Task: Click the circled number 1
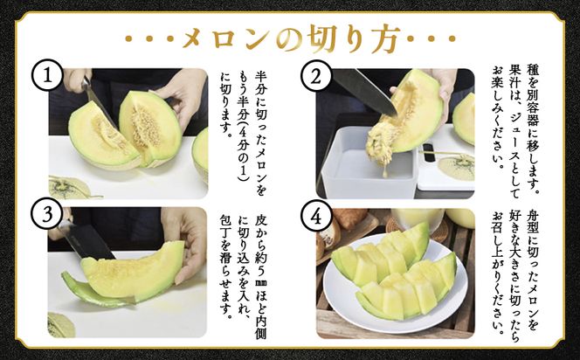[x=49, y=78]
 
